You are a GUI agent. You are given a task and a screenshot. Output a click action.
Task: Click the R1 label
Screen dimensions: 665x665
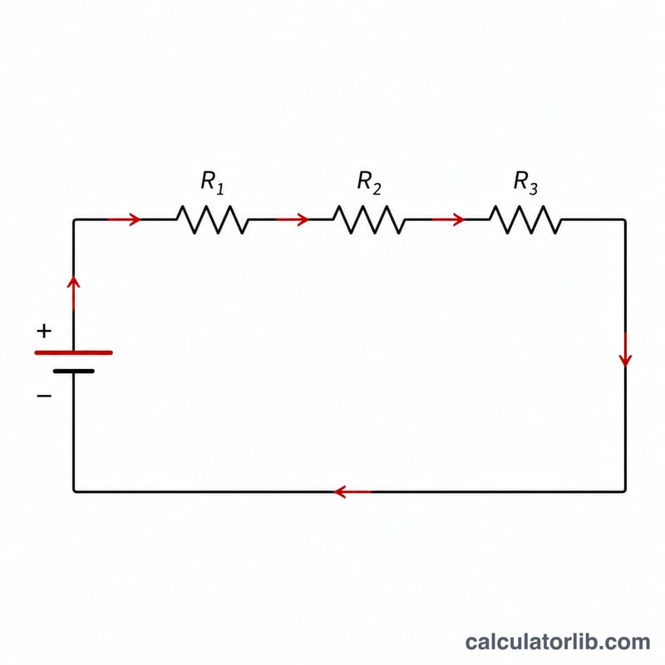click(212, 182)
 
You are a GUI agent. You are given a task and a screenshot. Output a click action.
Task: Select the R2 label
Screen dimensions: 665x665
click(369, 182)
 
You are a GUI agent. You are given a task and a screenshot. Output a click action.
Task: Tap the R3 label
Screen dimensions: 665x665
click(525, 182)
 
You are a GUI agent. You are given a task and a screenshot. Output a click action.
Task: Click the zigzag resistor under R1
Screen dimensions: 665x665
click(213, 219)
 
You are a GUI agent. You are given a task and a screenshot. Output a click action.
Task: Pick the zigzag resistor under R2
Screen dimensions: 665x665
click(369, 219)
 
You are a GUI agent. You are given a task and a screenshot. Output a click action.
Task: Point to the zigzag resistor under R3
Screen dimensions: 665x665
click(525, 219)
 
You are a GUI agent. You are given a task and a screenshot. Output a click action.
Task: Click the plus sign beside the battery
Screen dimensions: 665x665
click(44, 331)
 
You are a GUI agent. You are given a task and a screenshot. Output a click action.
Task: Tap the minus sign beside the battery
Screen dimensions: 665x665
click(44, 397)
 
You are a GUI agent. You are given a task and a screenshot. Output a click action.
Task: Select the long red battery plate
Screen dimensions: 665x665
click(73, 352)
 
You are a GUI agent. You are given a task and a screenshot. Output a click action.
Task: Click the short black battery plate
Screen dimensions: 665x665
click(74, 371)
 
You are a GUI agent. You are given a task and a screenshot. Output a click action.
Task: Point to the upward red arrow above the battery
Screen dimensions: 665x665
click(73, 293)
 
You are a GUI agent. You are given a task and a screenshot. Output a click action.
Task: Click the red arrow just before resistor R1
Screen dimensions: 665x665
click(124, 219)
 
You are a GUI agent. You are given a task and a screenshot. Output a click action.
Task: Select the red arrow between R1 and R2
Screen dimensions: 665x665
click(293, 219)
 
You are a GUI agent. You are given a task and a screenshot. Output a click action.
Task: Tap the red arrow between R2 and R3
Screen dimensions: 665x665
click(448, 219)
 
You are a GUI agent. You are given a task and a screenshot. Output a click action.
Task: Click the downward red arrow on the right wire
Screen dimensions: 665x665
click(625, 350)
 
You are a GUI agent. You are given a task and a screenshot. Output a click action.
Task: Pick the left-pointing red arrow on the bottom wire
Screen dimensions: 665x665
click(352, 492)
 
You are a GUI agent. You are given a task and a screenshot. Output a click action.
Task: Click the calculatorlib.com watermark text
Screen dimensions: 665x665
click(558, 642)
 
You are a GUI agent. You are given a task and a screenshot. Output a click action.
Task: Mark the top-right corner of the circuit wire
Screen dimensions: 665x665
click(625, 219)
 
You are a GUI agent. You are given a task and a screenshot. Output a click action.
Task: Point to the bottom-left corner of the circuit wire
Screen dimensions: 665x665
click(74, 492)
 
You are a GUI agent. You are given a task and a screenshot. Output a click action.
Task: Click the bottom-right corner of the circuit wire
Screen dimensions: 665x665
click(625, 492)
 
